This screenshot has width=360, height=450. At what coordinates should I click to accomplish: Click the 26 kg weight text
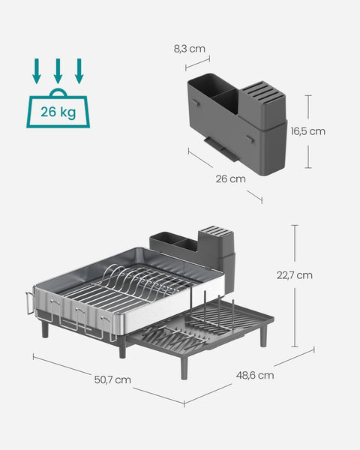pyautogui.click(x=57, y=113)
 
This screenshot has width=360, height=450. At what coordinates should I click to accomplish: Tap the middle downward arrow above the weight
pyautogui.click(x=57, y=71)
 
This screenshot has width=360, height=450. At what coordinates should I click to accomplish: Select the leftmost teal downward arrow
pyautogui.click(x=35, y=71)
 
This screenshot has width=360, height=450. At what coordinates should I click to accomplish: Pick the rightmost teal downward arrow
pyautogui.click(x=79, y=71)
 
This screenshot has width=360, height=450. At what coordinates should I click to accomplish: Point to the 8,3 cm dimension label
pyautogui.click(x=189, y=48)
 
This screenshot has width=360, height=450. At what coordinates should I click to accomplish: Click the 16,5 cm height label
pyautogui.click(x=307, y=130)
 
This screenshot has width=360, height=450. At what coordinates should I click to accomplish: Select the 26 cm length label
pyautogui.click(x=230, y=178)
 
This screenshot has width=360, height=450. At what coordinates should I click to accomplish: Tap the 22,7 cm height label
pyautogui.click(x=294, y=274)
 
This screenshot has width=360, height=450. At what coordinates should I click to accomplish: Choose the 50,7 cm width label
pyautogui.click(x=112, y=379)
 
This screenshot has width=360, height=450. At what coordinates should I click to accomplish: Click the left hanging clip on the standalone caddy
pyautogui.click(x=193, y=100)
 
